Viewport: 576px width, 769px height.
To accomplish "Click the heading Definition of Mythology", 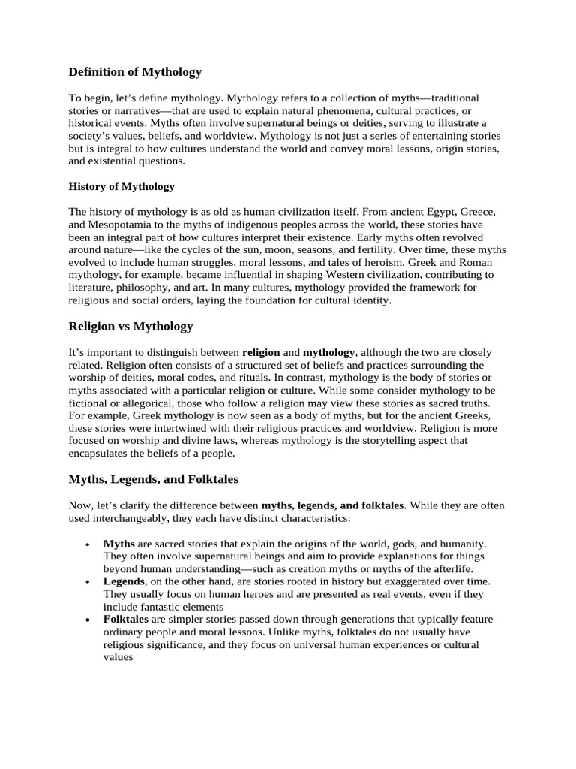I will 135,72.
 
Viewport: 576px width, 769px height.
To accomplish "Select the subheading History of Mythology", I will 121,186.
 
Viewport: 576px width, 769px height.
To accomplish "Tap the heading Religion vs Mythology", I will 130,326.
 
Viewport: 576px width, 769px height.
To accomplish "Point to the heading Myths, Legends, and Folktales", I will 154,478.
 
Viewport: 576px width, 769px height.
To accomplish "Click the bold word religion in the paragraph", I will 261,351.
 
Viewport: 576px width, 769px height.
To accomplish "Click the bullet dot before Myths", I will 88,544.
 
